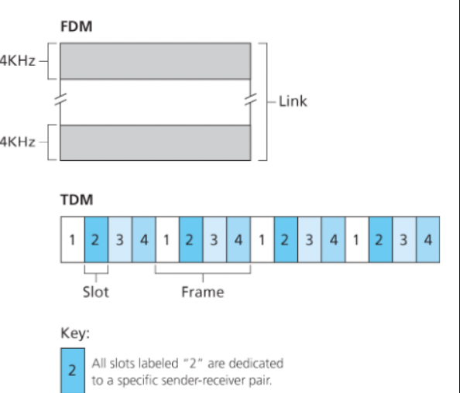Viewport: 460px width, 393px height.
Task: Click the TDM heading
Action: [x=76, y=200]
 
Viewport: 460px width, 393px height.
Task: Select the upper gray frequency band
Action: [x=155, y=61]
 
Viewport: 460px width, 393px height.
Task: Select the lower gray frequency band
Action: [x=155, y=142]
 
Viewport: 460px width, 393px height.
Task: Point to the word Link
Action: [x=293, y=101]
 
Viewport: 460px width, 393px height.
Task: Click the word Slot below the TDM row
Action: [x=95, y=292]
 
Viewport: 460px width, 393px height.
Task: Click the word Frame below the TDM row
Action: [x=202, y=292]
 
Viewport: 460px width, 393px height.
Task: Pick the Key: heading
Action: [x=74, y=333]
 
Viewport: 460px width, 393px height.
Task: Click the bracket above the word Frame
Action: [x=203, y=272]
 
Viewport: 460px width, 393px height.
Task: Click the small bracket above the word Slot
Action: [x=96, y=272]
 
